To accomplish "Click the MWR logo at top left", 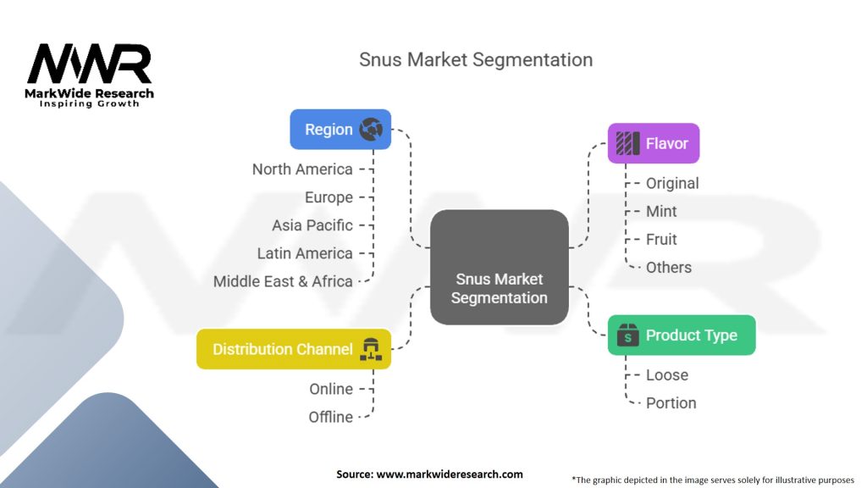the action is pos(89,75).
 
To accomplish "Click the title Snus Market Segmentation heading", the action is pos(476,60).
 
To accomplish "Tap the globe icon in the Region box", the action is pos(371,130).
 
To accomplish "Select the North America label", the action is pos(302,169).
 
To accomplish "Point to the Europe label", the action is pos(329,197).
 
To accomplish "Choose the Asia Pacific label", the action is pos(312,225).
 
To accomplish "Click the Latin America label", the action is pos(305,253).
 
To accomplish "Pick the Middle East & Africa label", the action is pos(283,281).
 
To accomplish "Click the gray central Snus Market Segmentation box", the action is pos(500,267).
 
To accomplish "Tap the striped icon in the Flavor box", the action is pos(627,143).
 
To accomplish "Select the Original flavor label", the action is pos(672,183).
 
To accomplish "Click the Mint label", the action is pos(661,211).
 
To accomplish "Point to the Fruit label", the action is pos(661,240).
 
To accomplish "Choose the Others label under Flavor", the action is pos(669,268).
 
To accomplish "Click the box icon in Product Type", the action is pos(627,335).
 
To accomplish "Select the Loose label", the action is pos(667,375).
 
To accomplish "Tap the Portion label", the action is pos(671,403).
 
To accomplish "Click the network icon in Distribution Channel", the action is pos(371,349).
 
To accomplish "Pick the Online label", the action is pos(331,389).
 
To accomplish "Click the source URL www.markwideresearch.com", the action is pos(450,474).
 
